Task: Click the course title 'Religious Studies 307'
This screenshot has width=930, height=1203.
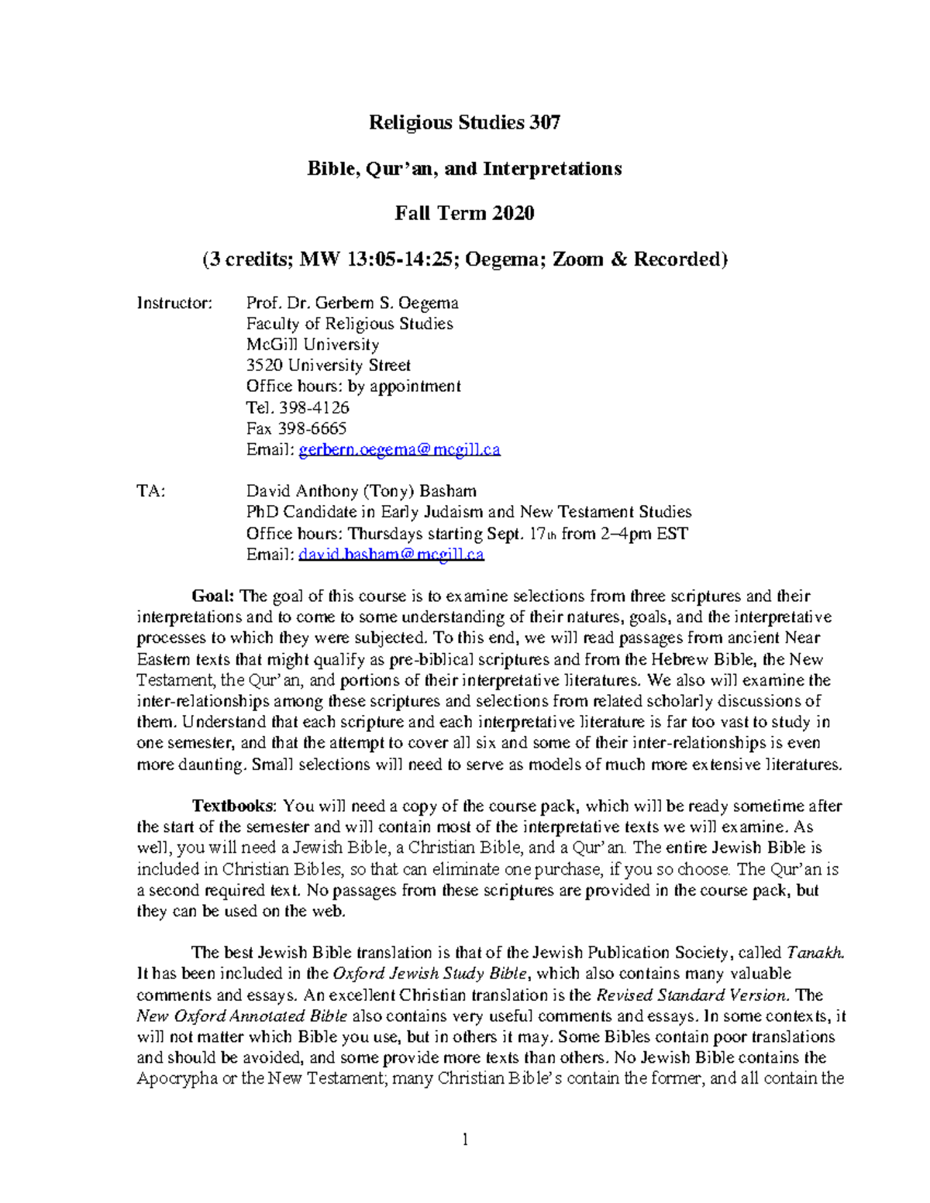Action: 464,122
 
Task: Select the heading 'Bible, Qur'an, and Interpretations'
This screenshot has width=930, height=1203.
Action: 464,168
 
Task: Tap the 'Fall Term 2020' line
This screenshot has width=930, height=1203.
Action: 464,213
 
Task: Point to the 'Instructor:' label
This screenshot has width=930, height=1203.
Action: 174,303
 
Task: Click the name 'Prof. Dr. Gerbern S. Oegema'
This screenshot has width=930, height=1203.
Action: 352,303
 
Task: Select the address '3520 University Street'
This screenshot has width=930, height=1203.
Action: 328,366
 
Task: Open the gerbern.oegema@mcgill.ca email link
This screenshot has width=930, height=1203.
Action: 399,450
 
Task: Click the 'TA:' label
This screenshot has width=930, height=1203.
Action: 151,491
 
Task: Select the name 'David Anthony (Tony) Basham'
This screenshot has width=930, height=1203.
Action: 361,491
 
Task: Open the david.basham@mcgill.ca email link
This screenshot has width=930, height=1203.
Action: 391,555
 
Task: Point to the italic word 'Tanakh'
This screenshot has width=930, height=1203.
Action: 814,953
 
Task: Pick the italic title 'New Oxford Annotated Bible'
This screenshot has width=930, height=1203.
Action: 241,1016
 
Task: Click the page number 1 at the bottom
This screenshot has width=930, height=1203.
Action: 465,1139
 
